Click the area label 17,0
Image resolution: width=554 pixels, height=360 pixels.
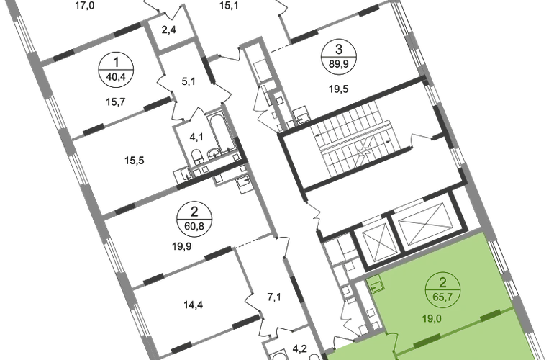pyautogui.click(x=85, y=6)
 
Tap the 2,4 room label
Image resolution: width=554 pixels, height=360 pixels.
pyautogui.click(x=169, y=30)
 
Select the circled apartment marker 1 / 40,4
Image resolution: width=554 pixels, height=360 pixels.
pyautogui.click(x=116, y=69)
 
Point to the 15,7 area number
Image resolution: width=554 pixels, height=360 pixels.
pyautogui.click(x=116, y=102)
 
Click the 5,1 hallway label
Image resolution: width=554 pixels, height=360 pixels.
pyautogui.click(x=189, y=81)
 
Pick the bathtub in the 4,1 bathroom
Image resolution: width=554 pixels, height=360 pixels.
pyautogui.click(x=217, y=133)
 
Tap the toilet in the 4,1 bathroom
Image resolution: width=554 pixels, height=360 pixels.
pyautogui.click(x=197, y=157)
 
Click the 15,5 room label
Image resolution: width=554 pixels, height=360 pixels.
pyautogui.click(x=135, y=161)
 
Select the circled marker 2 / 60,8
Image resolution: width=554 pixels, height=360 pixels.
pyautogui.click(x=194, y=219)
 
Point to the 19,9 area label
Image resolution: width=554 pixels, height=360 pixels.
pyautogui.click(x=182, y=246)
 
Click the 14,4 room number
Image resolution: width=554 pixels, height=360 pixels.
pyautogui.click(x=194, y=305)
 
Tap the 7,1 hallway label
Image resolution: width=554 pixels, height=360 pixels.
pyautogui.click(x=274, y=297)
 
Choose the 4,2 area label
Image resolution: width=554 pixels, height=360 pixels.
pyautogui.click(x=299, y=349)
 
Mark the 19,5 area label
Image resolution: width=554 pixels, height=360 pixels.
pyautogui.click(x=338, y=89)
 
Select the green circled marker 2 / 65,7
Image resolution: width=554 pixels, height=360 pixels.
pyautogui.click(x=443, y=289)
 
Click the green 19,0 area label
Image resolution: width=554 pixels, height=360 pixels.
pyautogui.click(x=432, y=319)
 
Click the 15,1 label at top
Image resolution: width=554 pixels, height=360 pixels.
pyautogui.click(x=229, y=6)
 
